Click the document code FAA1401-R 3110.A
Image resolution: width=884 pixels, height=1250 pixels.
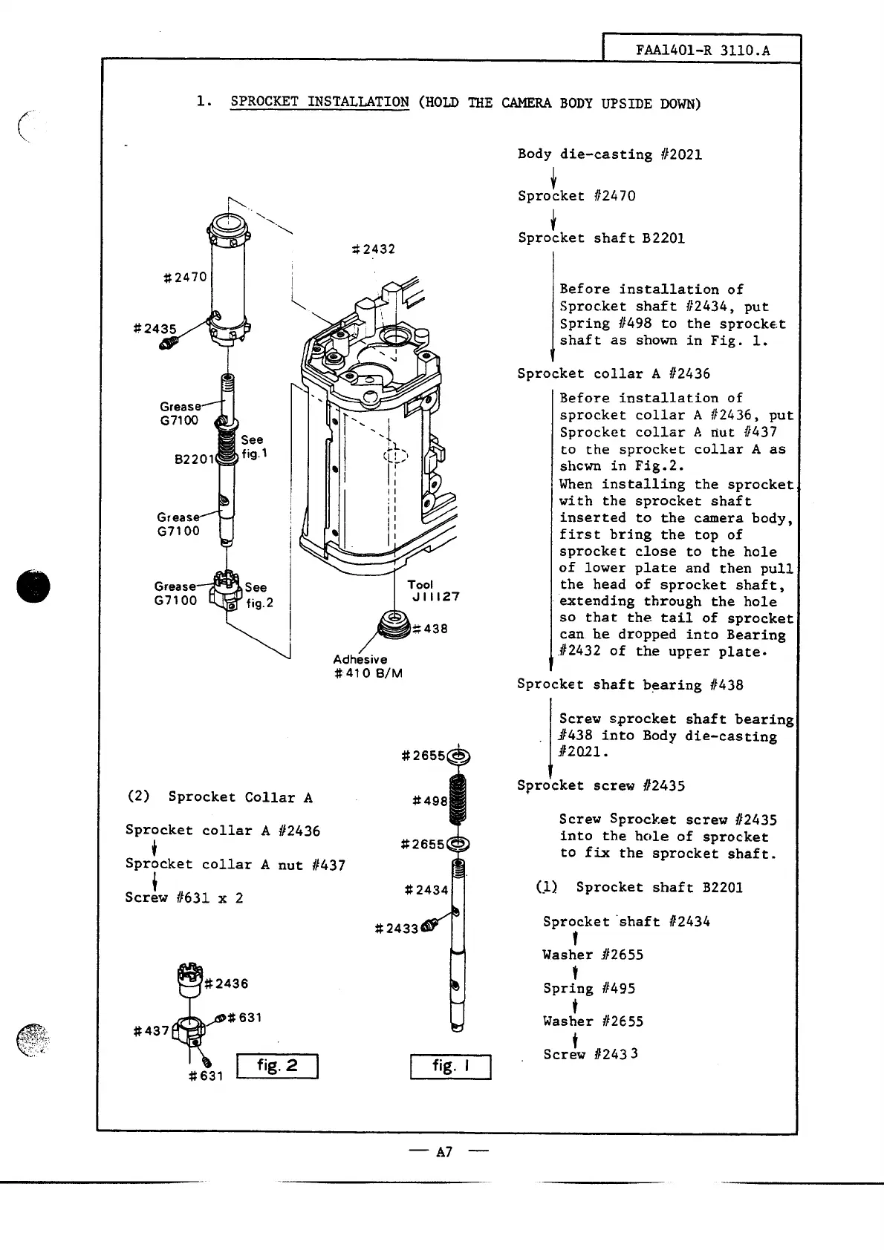point(702,50)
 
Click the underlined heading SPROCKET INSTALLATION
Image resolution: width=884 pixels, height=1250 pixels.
point(319,102)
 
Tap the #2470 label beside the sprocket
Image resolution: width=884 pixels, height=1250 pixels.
point(185,278)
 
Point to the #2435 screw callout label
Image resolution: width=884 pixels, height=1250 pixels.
point(155,329)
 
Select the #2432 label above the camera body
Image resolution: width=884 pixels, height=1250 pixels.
point(373,249)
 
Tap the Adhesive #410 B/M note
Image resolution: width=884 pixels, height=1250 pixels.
point(368,667)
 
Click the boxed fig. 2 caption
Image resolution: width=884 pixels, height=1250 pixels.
point(276,1066)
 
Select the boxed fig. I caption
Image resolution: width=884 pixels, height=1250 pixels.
point(450,1066)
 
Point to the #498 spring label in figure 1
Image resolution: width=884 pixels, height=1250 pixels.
point(430,801)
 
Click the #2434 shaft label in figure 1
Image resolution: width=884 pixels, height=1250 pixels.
point(426,890)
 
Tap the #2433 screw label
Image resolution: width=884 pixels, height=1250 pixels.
point(397,929)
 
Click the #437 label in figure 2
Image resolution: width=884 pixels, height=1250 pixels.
point(152,1031)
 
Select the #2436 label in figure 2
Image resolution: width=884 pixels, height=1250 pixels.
point(226,984)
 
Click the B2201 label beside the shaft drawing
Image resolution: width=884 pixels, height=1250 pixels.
point(194,459)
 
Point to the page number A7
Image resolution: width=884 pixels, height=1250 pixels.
point(444,1152)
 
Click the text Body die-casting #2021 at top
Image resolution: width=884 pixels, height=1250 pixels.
point(609,154)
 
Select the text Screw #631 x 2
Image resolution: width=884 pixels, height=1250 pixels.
point(183,897)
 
